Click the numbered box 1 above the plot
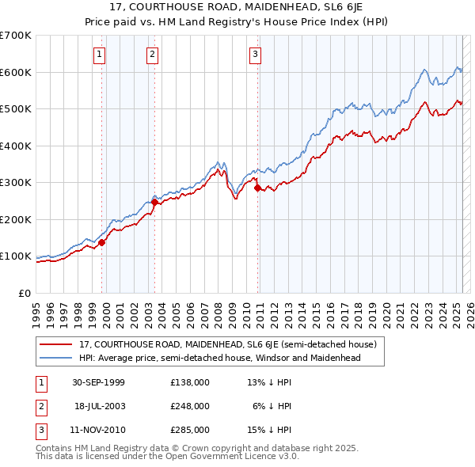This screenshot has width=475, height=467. (99, 55)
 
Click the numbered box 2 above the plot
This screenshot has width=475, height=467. (152, 55)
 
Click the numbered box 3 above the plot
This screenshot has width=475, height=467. (256, 55)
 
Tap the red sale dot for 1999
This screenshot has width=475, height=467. (102, 242)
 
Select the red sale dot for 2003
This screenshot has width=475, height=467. (154, 202)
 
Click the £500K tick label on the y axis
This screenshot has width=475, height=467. (15, 109)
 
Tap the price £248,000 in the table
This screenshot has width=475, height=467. (190, 406)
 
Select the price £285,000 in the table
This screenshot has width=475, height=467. (190, 430)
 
